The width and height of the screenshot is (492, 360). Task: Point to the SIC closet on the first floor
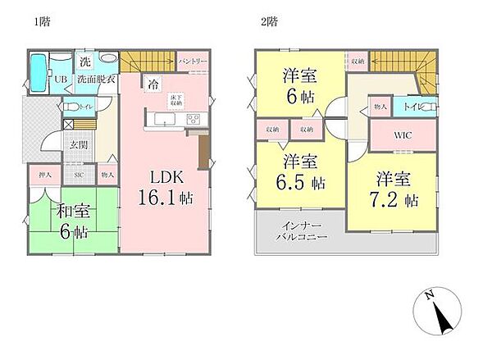pyautogui.click(x=80, y=174)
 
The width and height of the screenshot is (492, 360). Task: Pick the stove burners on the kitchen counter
pyautogui.click(x=194, y=120)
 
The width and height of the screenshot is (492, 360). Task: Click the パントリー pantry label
pyautogui.click(x=191, y=62)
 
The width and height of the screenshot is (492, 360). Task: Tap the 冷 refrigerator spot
pyautogui.click(x=153, y=82)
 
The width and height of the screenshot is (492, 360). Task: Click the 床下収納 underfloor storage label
pyautogui.click(x=175, y=100)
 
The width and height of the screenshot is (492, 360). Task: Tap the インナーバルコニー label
pyautogui.click(x=302, y=231)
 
